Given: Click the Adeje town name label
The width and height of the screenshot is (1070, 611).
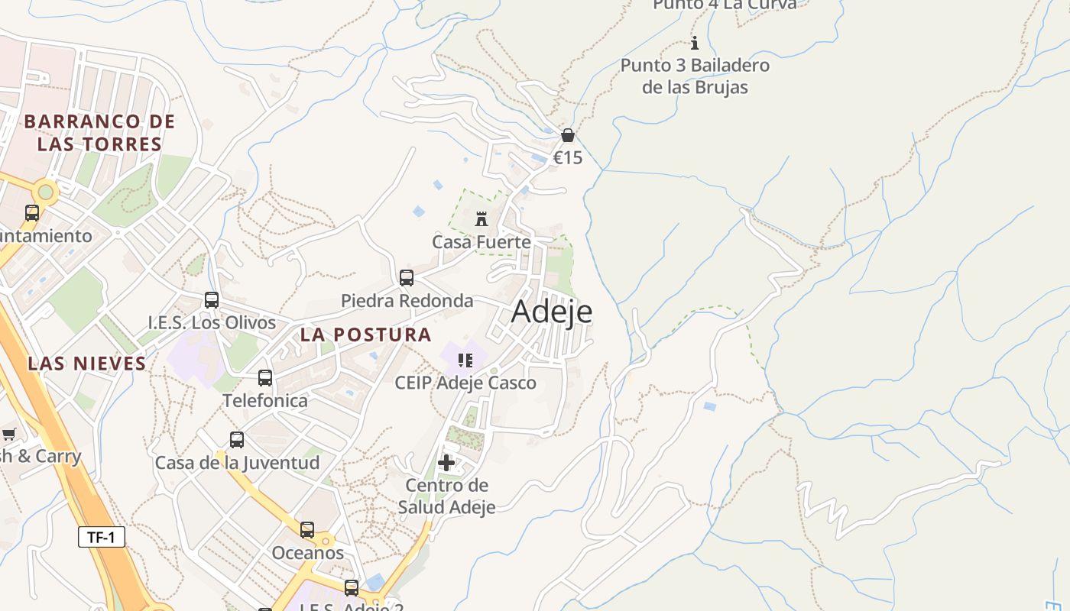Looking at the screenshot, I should pyautogui.click(x=552, y=312).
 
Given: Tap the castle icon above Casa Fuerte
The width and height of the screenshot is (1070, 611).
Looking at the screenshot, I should pyautogui.click(x=481, y=220).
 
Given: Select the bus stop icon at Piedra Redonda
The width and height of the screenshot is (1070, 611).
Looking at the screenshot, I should pyautogui.click(x=407, y=278).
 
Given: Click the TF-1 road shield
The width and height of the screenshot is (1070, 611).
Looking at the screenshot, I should pyautogui.click(x=101, y=537).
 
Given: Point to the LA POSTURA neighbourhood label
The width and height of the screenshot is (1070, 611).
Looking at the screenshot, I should pyautogui.click(x=365, y=335).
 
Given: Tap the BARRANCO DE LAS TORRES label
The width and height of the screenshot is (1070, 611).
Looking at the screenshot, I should pyautogui.click(x=99, y=132).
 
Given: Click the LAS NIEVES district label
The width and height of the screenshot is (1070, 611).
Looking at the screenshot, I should pyautogui.click(x=86, y=364).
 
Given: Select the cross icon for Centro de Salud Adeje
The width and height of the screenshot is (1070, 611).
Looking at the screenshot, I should pyautogui.click(x=446, y=462).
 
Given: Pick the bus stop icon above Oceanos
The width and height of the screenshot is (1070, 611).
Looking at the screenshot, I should pyautogui.click(x=307, y=530).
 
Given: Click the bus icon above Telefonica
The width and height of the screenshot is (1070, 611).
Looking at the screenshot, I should pyautogui.click(x=265, y=378).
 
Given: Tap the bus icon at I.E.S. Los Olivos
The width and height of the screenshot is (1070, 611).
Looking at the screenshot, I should pyautogui.click(x=212, y=300).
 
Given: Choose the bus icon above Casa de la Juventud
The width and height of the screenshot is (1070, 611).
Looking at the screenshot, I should pyautogui.click(x=237, y=440).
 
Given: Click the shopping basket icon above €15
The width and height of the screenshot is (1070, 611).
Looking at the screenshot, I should pyautogui.click(x=568, y=136).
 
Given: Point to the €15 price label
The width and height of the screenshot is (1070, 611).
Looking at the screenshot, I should pyautogui.click(x=568, y=158).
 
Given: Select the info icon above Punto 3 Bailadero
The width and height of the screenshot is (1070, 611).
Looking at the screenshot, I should pyautogui.click(x=695, y=44).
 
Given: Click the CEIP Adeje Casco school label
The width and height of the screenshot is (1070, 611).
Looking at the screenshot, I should pyautogui.click(x=465, y=383).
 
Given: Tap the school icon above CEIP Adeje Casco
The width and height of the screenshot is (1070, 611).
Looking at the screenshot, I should pyautogui.click(x=465, y=360).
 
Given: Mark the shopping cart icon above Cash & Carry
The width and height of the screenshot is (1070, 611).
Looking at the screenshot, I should pyautogui.click(x=8, y=435).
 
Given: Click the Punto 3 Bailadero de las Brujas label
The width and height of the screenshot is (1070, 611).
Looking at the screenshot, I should pyautogui.click(x=695, y=76).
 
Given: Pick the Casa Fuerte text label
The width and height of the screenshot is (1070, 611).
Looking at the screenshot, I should pyautogui.click(x=481, y=242).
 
